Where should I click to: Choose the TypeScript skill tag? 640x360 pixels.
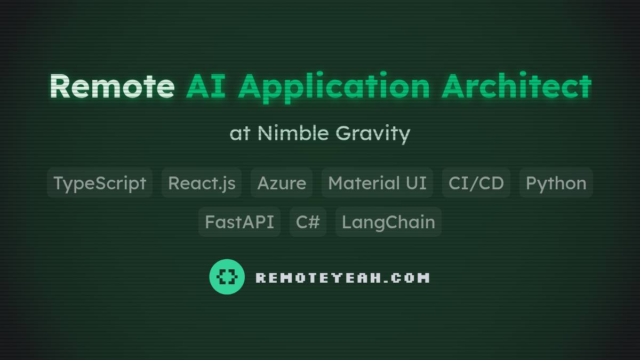coord(100,183)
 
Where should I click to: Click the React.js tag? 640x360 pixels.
coord(202,183)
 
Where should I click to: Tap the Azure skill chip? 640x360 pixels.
coord(282,183)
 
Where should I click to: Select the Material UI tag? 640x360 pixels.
coord(377,183)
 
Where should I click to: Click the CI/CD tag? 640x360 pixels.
coord(476,183)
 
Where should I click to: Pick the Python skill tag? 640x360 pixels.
coord(556,183)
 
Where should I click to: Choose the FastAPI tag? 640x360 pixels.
coord(239,222)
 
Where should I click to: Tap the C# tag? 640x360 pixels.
coord(308,222)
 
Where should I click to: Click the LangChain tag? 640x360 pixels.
coord(388,222)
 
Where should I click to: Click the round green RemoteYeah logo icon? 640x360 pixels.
coord(227,277)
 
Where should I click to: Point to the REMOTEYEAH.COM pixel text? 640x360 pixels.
coord(342,277)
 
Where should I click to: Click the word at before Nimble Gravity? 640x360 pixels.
coord(239,133)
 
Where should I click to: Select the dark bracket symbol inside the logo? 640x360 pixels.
coord(227,277)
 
